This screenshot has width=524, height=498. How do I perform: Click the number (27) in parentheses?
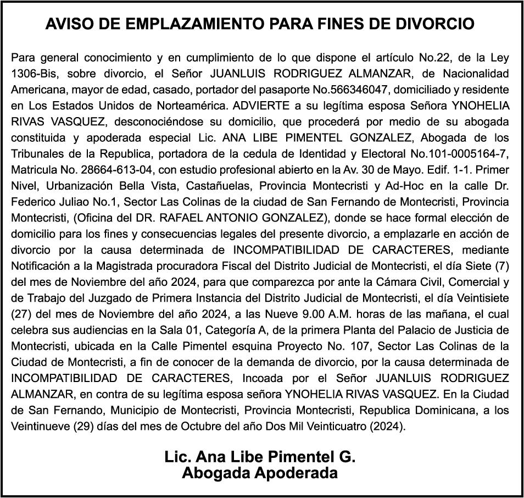click(20, 313)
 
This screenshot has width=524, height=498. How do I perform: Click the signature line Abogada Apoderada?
click(260, 473)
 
